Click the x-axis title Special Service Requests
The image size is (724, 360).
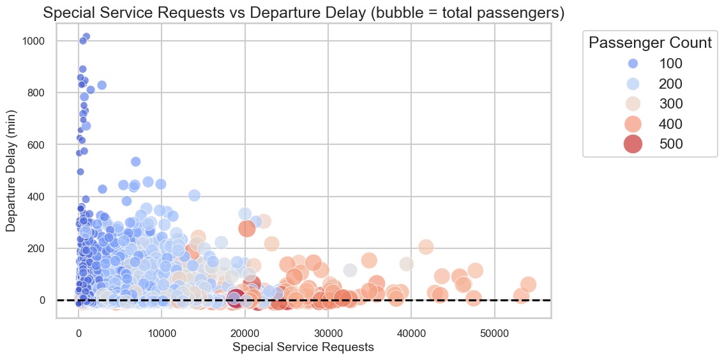pyautogui.click(x=303, y=347)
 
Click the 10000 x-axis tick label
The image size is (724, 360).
pyautogui.click(x=162, y=333)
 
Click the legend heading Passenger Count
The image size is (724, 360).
pyautogui.click(x=650, y=43)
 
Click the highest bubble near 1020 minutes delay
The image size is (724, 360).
pyautogui.click(x=86, y=36)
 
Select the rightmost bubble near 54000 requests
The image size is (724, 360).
pyautogui.click(x=528, y=284)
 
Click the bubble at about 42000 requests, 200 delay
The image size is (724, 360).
pyautogui.click(x=426, y=247)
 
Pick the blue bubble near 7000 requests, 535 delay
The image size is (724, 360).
pyautogui.click(x=135, y=161)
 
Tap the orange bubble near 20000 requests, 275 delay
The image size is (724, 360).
pyautogui.click(x=246, y=228)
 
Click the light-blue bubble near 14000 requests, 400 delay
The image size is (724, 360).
pyautogui.click(x=194, y=195)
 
